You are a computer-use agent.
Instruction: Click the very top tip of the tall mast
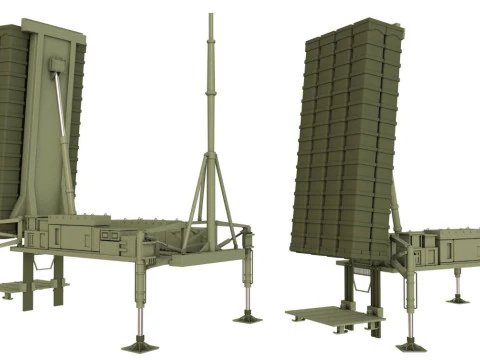[211, 15]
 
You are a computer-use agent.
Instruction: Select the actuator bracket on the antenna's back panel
[58, 66]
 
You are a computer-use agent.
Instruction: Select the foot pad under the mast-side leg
[246, 317]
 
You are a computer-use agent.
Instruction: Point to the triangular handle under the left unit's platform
[46, 265]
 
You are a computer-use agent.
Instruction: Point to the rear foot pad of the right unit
[457, 298]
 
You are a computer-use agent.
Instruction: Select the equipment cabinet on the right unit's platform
[440, 249]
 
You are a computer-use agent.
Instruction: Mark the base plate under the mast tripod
[211, 251]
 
